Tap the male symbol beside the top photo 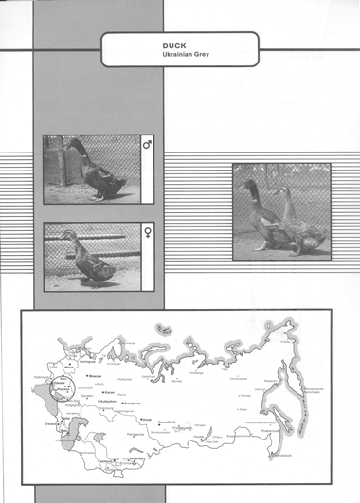(x=147, y=145)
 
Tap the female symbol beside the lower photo (x=147, y=230)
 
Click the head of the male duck (x=74, y=145)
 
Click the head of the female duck (x=65, y=235)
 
